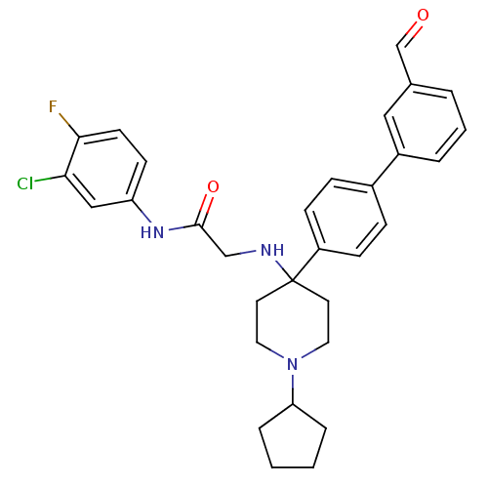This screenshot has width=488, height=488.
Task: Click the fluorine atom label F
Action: tap(53, 106)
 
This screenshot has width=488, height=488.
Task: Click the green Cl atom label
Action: tap(25, 183)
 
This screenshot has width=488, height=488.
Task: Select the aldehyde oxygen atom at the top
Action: tap(423, 15)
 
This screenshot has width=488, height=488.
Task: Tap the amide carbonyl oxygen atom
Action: tap(213, 186)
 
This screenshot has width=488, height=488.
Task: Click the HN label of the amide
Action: tap(152, 232)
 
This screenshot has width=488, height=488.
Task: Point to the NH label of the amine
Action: tap(272, 250)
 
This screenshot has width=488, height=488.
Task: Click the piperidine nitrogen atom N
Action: tap(293, 364)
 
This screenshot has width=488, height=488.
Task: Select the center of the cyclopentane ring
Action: tap(293, 440)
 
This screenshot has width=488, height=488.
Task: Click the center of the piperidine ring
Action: tap(293, 322)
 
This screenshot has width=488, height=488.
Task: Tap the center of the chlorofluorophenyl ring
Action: tap(105, 169)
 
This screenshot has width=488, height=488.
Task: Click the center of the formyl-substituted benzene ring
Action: tap(425, 123)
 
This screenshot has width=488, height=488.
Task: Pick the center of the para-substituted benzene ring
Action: tap(346, 218)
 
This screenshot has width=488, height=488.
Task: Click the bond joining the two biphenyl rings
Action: tap(386, 170)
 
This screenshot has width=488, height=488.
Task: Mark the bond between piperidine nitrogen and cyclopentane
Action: tap(293, 389)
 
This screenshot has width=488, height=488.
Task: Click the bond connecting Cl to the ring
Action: tap(50, 179)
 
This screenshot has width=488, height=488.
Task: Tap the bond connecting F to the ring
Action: tap(68, 125)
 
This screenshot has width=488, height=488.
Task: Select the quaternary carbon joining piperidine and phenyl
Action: tap(293, 279)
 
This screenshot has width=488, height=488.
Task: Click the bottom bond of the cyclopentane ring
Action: tap(293, 468)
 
